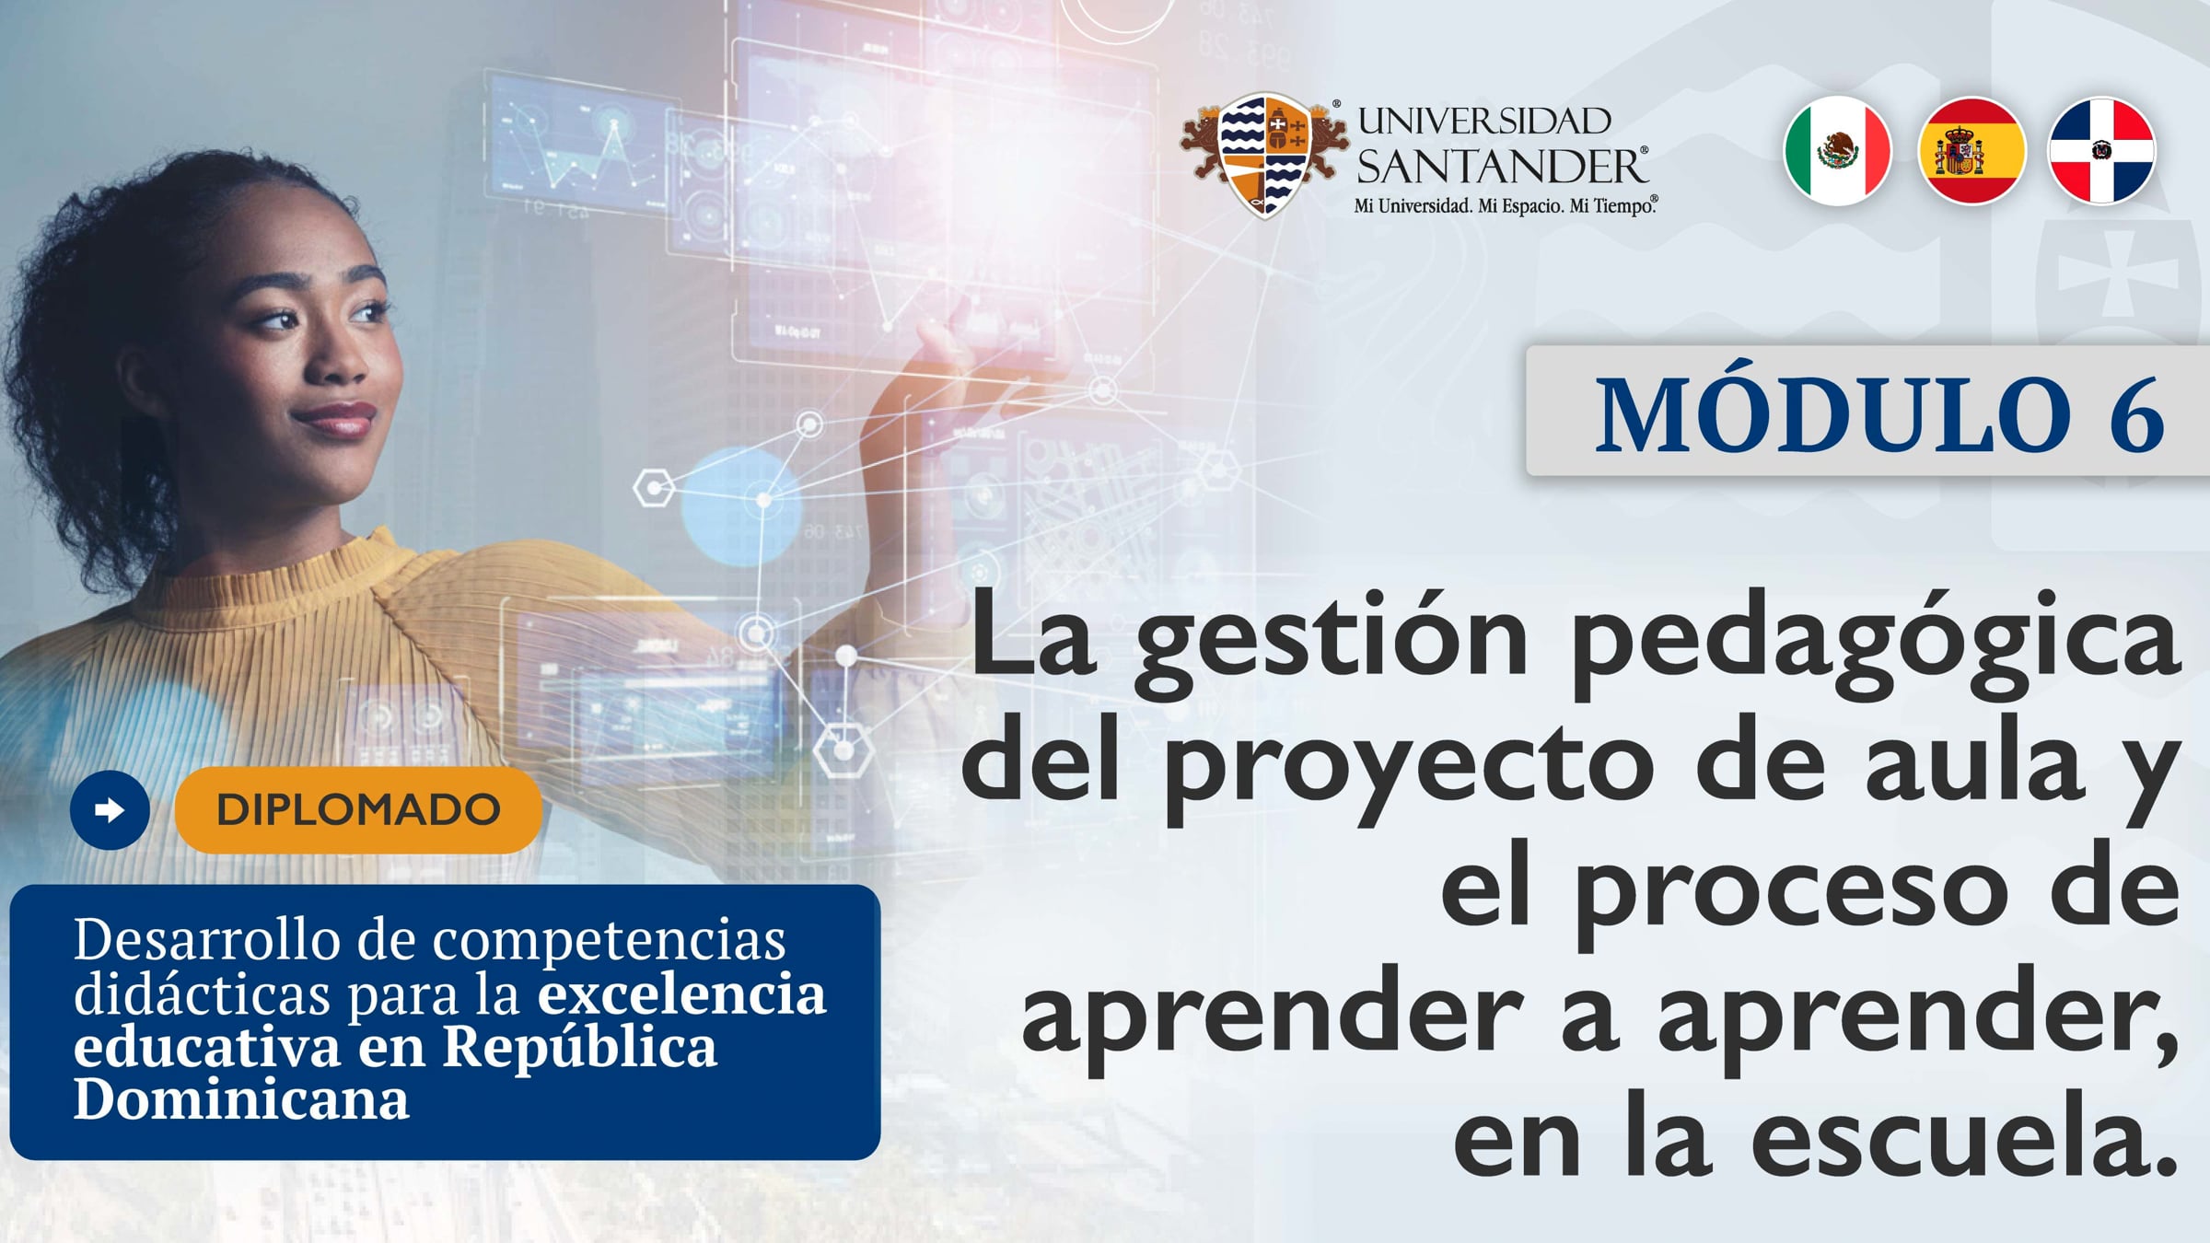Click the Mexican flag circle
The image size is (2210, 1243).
pyautogui.click(x=1838, y=151)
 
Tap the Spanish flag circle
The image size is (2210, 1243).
pyautogui.click(x=1971, y=151)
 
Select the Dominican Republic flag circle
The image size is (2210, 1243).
pyautogui.click(x=2101, y=151)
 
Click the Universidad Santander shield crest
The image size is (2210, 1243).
pyautogui.click(x=1264, y=155)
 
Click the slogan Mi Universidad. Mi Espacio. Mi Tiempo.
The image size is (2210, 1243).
pyautogui.click(x=1505, y=206)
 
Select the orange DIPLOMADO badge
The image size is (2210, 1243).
pyautogui.click(x=357, y=810)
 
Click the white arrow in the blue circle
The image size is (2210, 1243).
pyautogui.click(x=110, y=810)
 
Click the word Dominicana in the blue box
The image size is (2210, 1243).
pyautogui.click(x=241, y=1099)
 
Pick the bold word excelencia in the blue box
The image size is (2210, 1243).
pyautogui.click(x=681, y=994)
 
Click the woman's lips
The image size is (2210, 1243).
pyautogui.click(x=336, y=419)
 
